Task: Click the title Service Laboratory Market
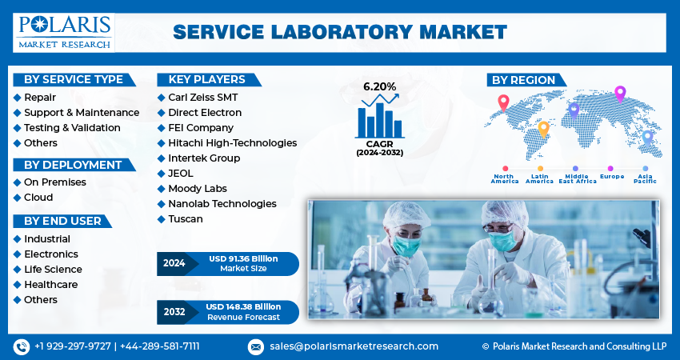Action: [340, 32]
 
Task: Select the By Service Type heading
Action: [74, 79]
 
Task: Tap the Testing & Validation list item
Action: [72, 128]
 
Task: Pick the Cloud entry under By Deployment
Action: [38, 198]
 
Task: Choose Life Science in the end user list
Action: [53, 270]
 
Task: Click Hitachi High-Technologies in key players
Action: [232, 143]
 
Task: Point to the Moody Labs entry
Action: [197, 189]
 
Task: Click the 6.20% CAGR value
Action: [379, 86]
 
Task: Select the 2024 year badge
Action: [174, 263]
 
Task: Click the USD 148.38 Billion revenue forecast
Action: [243, 306]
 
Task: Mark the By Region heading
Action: [523, 80]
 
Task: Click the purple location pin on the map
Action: [619, 93]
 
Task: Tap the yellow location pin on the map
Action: [544, 127]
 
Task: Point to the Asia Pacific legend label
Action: [645, 178]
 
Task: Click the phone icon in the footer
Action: [22, 346]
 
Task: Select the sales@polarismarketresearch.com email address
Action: [353, 346]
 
